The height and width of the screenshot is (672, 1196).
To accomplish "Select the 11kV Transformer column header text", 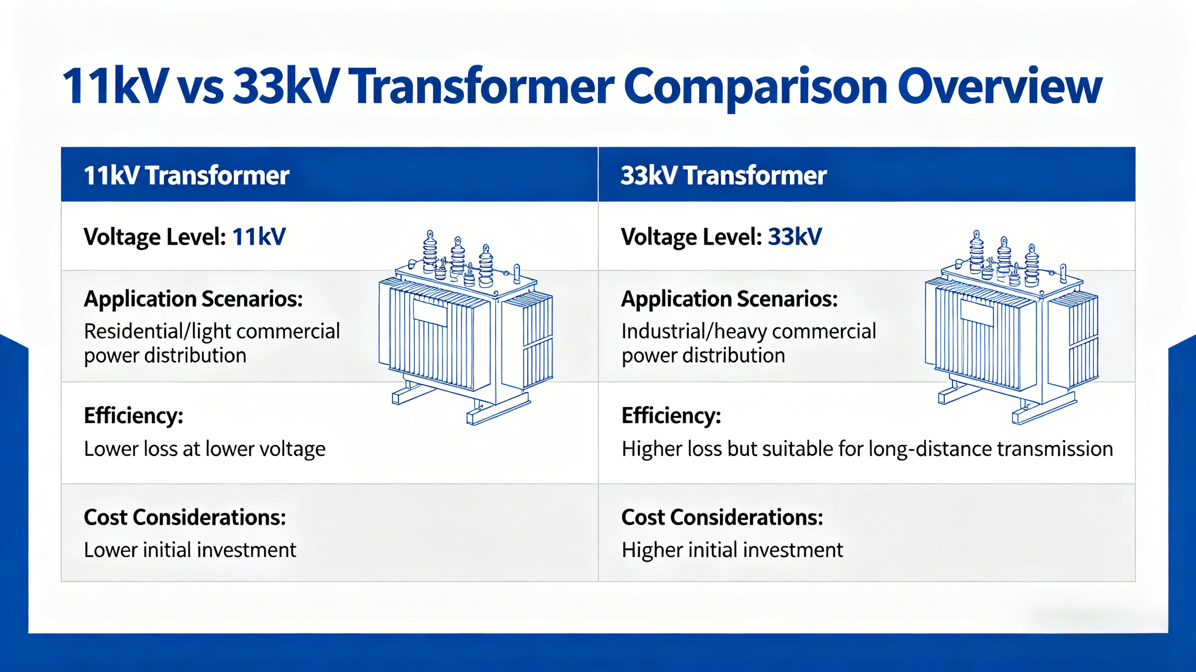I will (x=186, y=176).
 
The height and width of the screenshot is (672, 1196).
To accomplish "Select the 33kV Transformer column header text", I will (x=723, y=176).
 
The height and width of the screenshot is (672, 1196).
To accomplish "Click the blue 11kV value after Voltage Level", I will (x=258, y=237).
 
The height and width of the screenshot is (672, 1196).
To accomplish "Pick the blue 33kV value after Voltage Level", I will (x=794, y=237).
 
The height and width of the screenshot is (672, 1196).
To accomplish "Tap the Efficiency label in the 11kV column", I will (x=133, y=415).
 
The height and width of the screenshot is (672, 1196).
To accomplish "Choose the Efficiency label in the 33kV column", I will (x=671, y=415).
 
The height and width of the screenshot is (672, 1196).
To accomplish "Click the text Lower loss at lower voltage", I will (x=204, y=449).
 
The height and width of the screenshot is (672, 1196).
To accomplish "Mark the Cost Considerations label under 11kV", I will (x=185, y=517).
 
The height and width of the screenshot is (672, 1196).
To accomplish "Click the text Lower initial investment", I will (x=189, y=550).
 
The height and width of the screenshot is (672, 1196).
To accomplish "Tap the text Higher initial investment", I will (x=732, y=550).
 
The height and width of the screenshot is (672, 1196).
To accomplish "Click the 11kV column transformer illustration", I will (x=466, y=327).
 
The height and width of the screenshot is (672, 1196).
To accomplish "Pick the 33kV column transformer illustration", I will (x=1011, y=327).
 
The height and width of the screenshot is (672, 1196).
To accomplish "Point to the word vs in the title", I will (x=201, y=87).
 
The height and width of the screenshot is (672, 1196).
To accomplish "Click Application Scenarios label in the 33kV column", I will (x=729, y=299).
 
